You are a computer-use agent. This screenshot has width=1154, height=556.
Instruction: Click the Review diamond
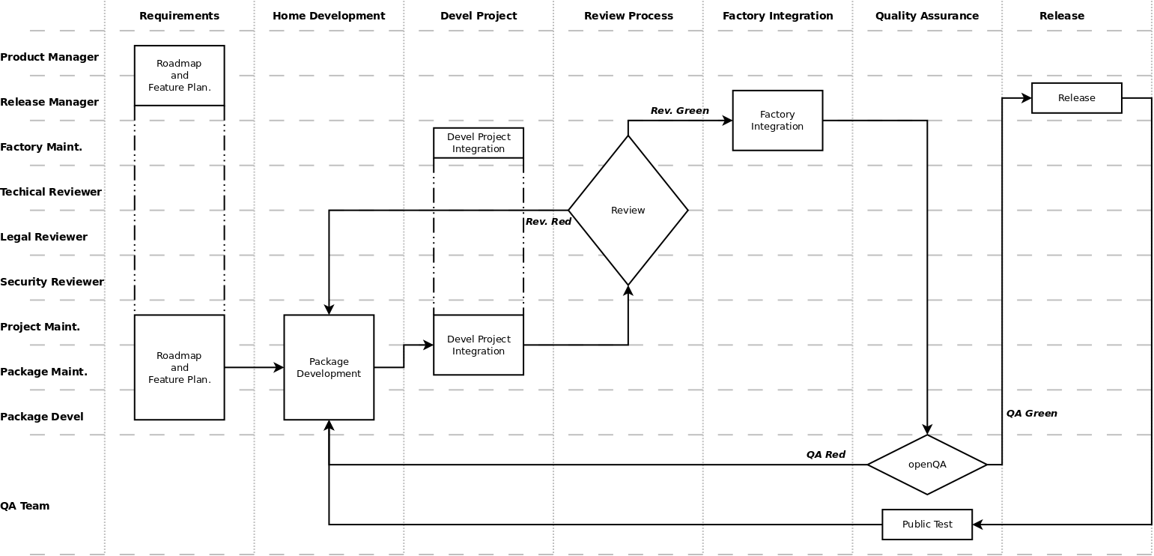[628, 211]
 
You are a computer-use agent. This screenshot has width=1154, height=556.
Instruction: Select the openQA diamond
[926, 465]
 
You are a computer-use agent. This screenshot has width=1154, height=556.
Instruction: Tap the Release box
[1076, 98]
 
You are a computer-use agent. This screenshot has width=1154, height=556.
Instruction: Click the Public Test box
[926, 525]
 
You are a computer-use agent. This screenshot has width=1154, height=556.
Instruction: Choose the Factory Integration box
[777, 121]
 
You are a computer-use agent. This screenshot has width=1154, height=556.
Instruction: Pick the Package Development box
[329, 367]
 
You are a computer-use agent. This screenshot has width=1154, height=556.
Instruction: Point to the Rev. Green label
[679, 111]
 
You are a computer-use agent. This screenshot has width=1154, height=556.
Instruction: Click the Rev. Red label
[548, 222]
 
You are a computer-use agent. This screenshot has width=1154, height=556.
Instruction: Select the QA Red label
[825, 455]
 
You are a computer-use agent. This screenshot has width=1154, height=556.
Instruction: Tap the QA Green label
[1031, 414]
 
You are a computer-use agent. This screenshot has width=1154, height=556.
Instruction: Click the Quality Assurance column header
[926, 16]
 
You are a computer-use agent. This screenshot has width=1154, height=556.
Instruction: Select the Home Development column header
[329, 16]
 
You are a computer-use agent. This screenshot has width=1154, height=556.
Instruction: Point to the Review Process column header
[628, 16]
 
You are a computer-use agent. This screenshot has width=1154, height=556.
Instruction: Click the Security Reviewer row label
[52, 282]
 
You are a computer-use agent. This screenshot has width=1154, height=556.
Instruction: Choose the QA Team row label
[25, 506]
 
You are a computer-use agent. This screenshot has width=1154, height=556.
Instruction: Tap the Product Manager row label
[49, 57]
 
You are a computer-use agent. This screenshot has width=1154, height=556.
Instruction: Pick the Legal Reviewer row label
[43, 237]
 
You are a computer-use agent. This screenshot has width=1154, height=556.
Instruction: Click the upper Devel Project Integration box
[479, 143]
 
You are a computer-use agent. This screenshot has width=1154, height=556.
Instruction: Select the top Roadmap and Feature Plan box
[179, 76]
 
